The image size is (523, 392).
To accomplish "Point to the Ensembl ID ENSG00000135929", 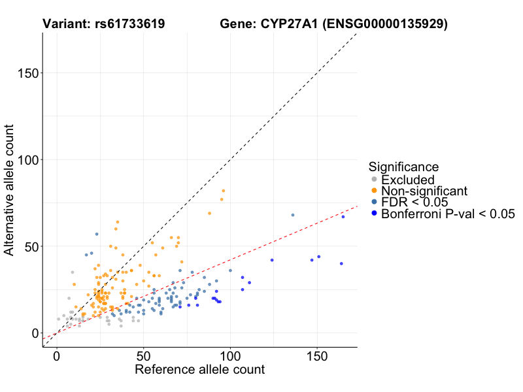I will (x=384, y=24).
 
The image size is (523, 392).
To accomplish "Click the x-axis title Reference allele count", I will (x=199, y=370).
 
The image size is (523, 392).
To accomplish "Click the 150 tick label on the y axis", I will (x=27, y=73).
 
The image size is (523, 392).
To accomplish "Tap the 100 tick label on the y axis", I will (x=27, y=160).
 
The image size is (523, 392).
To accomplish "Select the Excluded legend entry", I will (x=408, y=180).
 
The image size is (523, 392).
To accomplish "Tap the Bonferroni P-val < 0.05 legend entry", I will (x=448, y=214).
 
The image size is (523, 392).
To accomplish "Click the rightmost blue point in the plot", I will (x=343, y=216).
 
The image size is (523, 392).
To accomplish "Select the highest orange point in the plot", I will (x=224, y=191).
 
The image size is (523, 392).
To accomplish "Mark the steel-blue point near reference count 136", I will (x=293, y=215).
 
